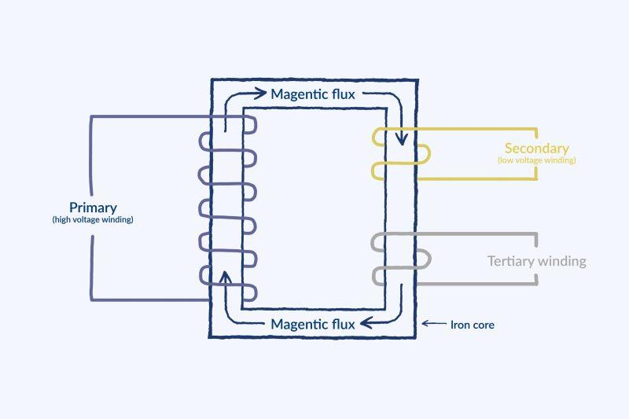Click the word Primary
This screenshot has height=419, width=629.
pyautogui.click(x=93, y=208)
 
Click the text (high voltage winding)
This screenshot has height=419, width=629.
pyautogui.click(x=93, y=219)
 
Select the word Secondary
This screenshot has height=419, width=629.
pyautogui.click(x=536, y=149)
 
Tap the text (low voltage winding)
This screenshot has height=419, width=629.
pyautogui.click(x=536, y=160)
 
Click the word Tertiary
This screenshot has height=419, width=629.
pyautogui.click(x=510, y=261)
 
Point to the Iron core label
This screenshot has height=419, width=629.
pyautogui.click(x=473, y=324)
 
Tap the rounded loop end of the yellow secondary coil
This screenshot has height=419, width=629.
pyautogui.click(x=425, y=154)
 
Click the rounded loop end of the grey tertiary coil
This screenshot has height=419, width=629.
pyautogui.click(x=425, y=259)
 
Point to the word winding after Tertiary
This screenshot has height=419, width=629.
pyautogui.click(x=561, y=261)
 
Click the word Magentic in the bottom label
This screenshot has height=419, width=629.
pyautogui.click(x=300, y=324)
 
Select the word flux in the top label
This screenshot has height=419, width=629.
pyautogui.click(x=342, y=94)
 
